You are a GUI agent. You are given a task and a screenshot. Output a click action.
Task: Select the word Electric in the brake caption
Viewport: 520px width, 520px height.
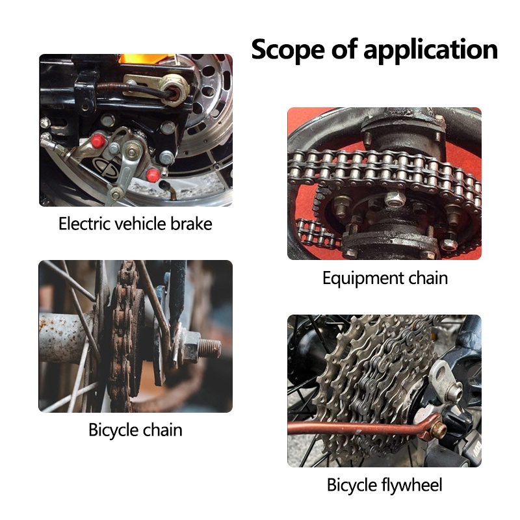[83, 224]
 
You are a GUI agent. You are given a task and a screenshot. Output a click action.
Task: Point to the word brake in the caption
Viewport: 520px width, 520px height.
[191, 224]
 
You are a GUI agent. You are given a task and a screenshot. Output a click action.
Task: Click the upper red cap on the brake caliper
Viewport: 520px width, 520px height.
[98, 141]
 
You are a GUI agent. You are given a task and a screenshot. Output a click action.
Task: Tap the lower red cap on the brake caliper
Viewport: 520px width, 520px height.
[153, 175]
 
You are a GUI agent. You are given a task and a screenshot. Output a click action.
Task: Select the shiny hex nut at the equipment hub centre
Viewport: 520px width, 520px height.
[393, 198]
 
